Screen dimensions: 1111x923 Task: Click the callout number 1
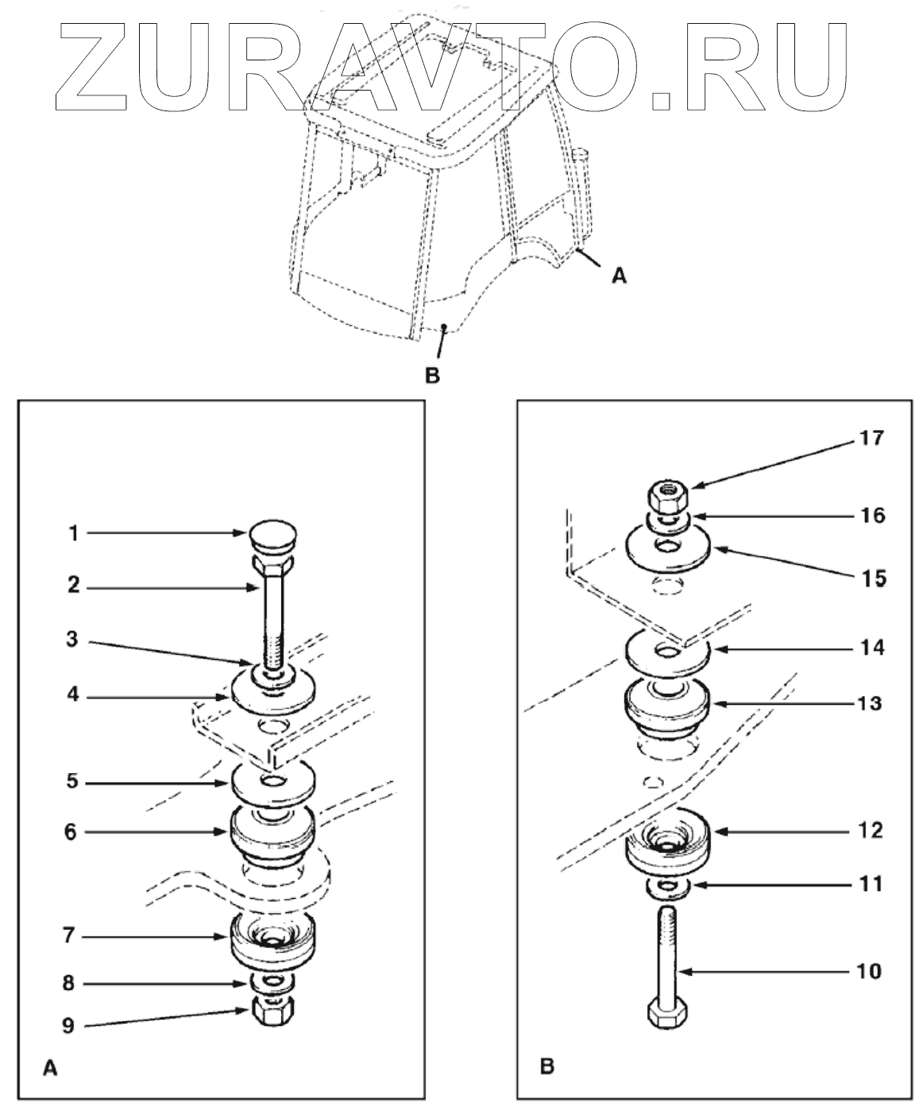(72, 534)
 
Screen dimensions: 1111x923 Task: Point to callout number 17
(871, 438)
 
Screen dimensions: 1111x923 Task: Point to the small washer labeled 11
(666, 886)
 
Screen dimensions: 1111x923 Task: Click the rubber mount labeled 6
(272, 835)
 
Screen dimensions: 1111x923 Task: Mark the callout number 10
(871, 971)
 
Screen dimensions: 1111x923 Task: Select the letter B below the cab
(432, 375)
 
